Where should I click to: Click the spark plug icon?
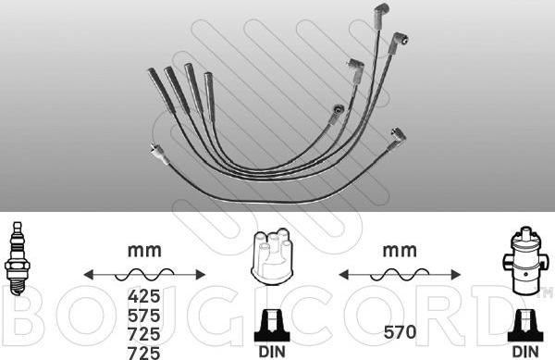coord(17,258)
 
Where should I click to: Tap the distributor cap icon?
coord(272,256)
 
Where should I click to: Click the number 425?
coord(144,296)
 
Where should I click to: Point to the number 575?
coord(144,315)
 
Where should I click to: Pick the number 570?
coord(400,332)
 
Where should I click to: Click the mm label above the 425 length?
coord(144,250)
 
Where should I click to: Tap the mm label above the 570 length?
coord(400,250)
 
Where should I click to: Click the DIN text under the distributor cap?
coord(272,352)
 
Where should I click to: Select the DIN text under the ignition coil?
coord(525,352)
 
